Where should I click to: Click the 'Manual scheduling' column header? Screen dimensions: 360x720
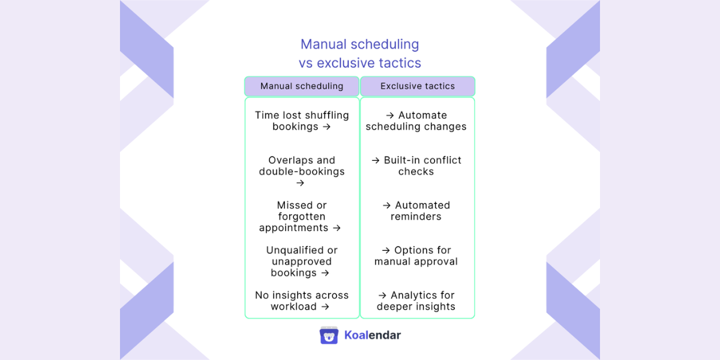[302, 86]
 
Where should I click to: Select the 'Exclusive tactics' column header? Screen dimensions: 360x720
[418, 86]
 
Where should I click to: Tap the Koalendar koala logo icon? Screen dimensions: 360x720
[329, 335]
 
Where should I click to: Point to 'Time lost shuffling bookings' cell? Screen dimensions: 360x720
[302, 121]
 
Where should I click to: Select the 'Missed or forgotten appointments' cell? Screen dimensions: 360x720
[302, 217]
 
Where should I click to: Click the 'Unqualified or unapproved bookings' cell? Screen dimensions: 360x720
[302, 262]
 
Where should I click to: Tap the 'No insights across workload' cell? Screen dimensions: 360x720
[302, 301]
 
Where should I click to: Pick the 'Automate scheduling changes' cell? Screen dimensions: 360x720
[416, 121]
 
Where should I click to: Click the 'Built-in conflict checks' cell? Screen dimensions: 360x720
[416, 166]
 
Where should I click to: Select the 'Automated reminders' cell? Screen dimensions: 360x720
[416, 211]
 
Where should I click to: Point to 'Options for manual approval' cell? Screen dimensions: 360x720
[416, 256]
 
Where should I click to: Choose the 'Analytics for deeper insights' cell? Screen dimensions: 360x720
[416, 301]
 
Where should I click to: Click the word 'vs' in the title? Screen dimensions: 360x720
[306, 63]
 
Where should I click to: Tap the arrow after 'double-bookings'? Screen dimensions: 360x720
[301, 183]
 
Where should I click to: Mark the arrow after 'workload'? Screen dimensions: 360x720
[325, 307]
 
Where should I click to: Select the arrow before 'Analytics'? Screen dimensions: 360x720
[382, 295]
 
